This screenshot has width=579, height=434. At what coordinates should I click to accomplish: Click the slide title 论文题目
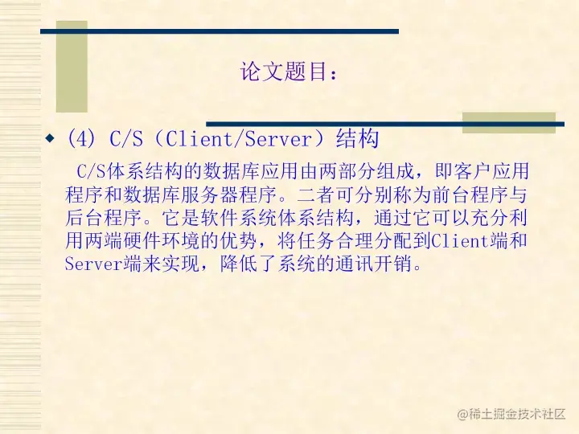[288, 72]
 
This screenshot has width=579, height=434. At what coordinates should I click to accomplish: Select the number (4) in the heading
[82, 139]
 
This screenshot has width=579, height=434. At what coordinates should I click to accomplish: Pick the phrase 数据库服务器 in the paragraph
[202, 194]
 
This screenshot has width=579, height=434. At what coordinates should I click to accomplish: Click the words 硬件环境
[163, 241]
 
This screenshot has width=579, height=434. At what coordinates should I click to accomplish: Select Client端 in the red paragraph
[470, 241]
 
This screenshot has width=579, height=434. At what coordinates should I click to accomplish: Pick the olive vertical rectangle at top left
[72, 67]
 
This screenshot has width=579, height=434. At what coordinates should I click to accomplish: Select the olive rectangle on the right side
[508, 122]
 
